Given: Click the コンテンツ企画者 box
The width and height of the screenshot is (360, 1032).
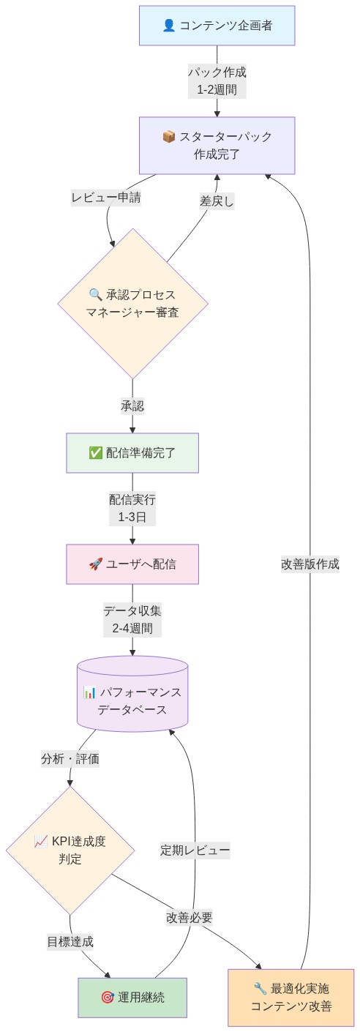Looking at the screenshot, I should pos(217,26).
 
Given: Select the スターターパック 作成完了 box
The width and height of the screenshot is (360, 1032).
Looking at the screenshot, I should pos(217,146).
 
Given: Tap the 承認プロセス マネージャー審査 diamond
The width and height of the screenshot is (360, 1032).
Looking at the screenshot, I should pos(132,304).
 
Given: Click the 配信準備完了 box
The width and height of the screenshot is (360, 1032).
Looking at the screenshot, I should pos(132,452).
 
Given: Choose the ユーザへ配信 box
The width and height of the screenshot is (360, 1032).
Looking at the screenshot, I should pos(132,564).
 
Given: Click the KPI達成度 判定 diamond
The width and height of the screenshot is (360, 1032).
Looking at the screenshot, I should pos(70,850).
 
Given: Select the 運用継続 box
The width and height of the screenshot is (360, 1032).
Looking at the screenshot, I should pos(132,997).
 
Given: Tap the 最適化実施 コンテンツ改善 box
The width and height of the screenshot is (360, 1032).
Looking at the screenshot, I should pos(291,997).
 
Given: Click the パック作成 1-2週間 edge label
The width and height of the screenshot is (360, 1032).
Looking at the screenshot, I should pos(217,81).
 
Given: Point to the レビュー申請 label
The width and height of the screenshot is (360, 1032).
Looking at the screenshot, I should pos(106,198).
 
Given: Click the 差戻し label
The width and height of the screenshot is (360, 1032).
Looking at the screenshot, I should pos(217,201).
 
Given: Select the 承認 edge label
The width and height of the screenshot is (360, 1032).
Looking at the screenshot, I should pos(132,406).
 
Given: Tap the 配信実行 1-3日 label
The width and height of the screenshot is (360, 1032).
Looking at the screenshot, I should pos(132,508).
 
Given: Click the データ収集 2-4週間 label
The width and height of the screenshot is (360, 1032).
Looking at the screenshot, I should pos(132,619).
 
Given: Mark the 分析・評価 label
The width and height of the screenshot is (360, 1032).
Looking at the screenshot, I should pos(70,759).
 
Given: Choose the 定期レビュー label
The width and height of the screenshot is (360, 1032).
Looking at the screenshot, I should pos(195,850).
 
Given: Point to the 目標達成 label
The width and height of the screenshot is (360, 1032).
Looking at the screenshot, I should pos(70,941).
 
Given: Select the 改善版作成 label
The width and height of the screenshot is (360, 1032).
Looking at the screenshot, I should pos(310,564).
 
